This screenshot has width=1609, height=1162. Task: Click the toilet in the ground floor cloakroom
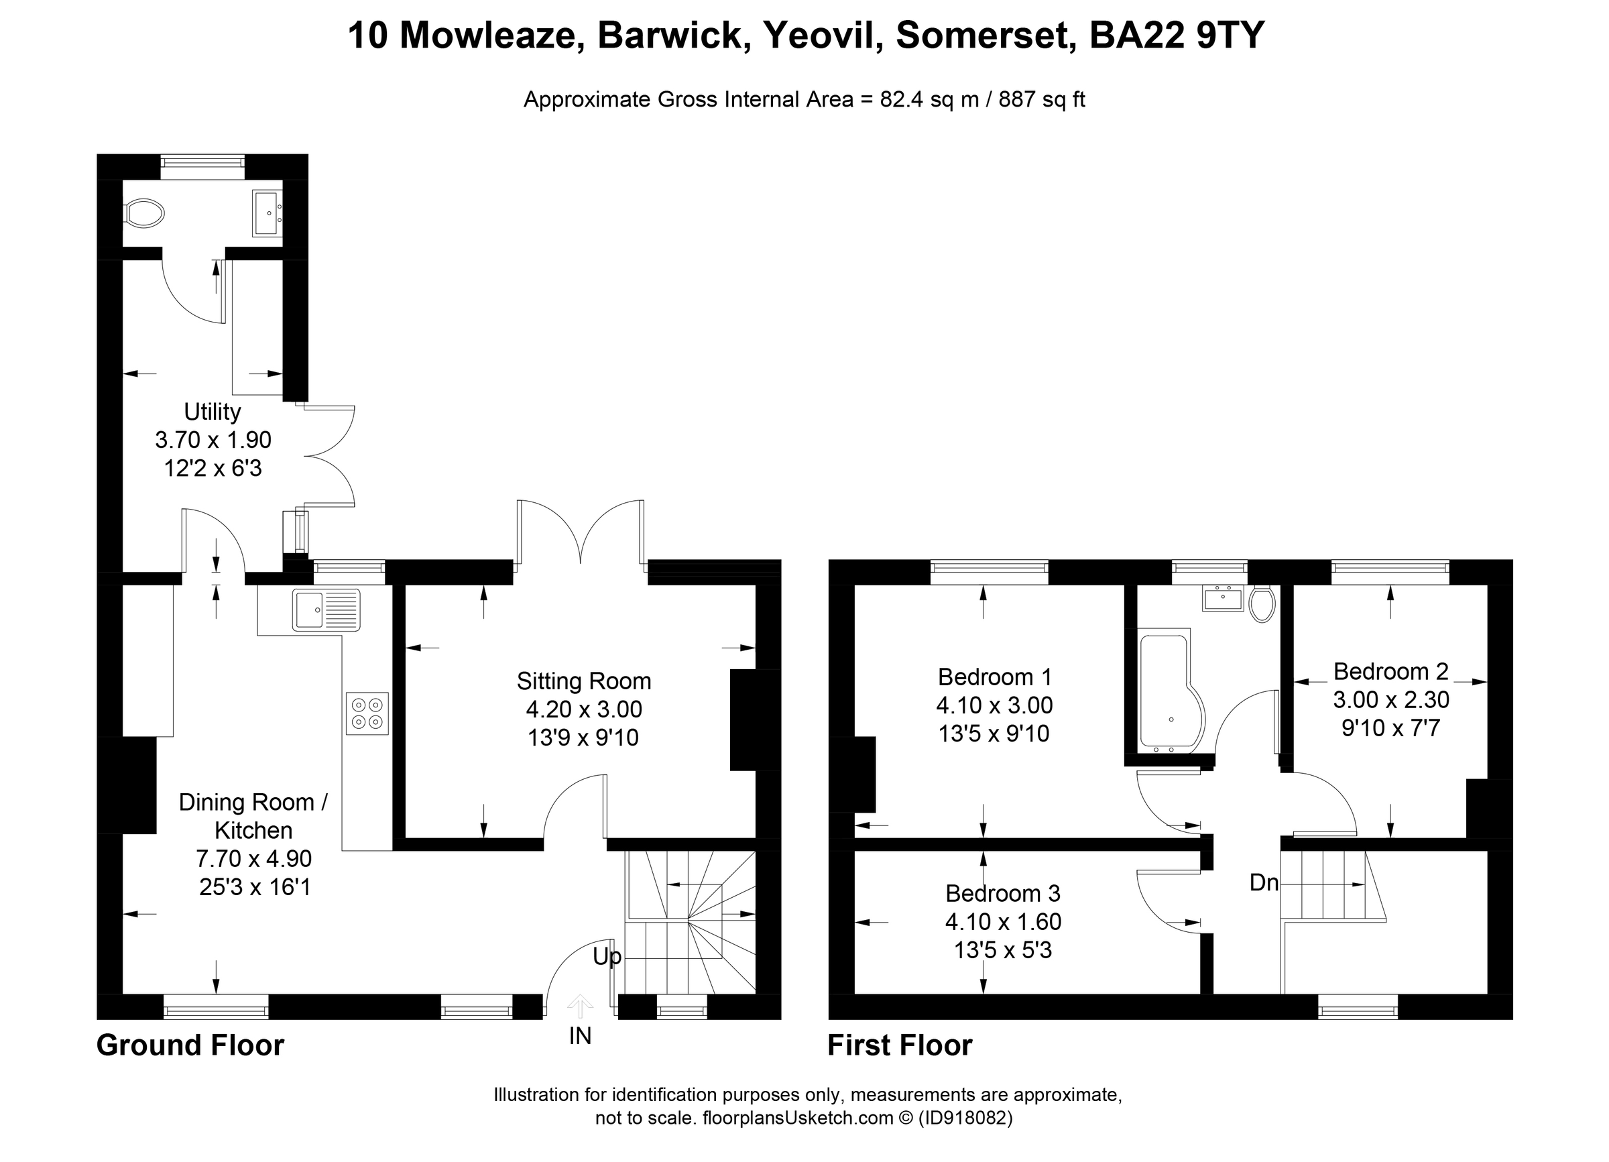(x=145, y=213)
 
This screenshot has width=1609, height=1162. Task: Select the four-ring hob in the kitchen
(x=367, y=713)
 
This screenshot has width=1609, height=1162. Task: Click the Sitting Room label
(x=583, y=681)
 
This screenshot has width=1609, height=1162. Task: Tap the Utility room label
(x=212, y=412)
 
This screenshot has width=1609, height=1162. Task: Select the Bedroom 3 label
(x=1002, y=893)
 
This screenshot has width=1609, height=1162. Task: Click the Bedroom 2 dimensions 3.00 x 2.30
(x=1390, y=699)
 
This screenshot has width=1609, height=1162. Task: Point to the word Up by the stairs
(x=607, y=957)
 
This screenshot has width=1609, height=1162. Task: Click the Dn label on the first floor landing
(x=1264, y=882)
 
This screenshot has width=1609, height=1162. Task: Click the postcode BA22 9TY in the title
(x=1176, y=36)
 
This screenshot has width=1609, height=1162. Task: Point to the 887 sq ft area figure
(x=1041, y=99)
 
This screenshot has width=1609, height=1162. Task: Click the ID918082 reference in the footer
(x=965, y=1118)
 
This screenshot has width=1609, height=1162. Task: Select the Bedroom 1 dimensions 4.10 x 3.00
(x=994, y=705)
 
